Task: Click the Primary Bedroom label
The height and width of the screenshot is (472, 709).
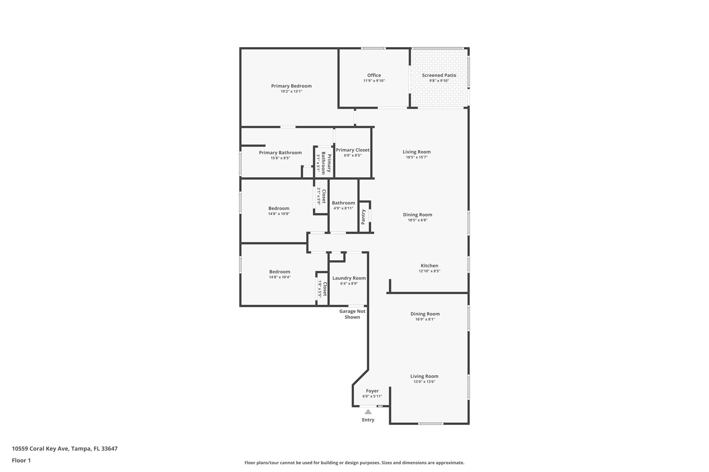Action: tap(291, 86)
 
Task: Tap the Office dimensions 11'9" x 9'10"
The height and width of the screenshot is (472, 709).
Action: tap(374, 81)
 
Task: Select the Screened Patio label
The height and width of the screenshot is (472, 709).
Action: tap(439, 75)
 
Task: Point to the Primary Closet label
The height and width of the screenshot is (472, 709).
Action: tap(352, 150)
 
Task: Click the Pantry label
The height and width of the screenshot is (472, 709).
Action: tap(363, 217)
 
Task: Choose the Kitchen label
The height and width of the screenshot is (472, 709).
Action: tap(429, 266)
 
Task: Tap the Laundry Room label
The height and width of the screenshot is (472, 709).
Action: tap(349, 278)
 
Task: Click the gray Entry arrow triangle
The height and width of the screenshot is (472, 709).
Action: tap(368, 412)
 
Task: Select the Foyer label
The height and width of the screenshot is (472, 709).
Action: tap(372, 391)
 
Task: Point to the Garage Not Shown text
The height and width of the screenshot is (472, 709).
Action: tap(352, 314)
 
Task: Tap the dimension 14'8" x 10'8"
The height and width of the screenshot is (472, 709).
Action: tap(279, 214)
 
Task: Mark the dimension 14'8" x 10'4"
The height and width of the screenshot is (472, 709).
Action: tap(280, 277)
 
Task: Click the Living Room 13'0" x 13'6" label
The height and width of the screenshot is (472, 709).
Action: tap(424, 377)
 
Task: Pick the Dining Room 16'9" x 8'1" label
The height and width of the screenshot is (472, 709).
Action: tap(425, 314)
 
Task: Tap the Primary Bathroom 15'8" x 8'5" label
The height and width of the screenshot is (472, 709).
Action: tap(280, 153)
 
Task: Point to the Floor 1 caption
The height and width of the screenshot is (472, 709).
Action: tap(21, 461)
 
